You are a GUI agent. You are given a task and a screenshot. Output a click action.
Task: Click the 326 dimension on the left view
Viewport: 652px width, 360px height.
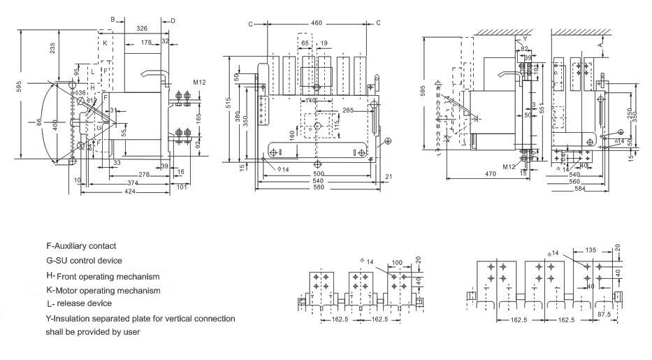click(142, 29)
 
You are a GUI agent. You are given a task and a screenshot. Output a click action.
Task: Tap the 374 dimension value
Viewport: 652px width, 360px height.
click(131, 182)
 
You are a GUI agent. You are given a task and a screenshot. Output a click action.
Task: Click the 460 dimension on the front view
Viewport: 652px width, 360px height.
click(317, 23)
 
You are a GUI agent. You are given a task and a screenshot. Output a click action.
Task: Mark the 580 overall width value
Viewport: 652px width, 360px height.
click(319, 187)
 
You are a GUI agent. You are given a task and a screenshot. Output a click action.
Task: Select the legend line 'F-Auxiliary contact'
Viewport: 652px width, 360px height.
click(81, 246)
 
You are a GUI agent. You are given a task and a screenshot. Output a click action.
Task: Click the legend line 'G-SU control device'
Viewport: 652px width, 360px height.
click(84, 261)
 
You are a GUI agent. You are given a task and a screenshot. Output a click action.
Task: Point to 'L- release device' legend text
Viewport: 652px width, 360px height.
click(79, 304)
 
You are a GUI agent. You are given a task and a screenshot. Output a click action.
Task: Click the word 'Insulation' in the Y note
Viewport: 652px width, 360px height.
click(72, 319)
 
